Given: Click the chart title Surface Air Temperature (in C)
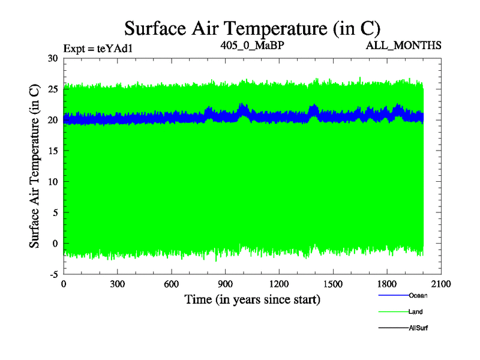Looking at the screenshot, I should point(252,28).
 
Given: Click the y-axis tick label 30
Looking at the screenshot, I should point(53,58).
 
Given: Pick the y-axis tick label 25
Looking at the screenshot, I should point(53,89).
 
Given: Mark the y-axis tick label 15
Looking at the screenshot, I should point(53,151).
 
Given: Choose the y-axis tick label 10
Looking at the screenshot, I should point(53,182).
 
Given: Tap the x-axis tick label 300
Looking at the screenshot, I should point(117,284).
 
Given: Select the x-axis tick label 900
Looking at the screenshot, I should point(225,284).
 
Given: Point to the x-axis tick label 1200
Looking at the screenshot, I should point(279,284).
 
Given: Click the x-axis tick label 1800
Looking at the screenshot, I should point(387,284).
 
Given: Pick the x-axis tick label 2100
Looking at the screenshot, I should point(441,284).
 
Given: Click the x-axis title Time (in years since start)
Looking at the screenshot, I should point(252,299).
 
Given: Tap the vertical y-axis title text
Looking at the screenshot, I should point(35,166).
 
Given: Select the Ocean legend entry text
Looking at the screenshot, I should point(418,295).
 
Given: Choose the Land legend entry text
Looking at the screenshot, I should point(416,312).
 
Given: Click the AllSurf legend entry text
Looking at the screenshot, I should point(418,328).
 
